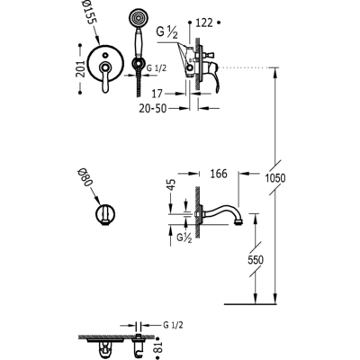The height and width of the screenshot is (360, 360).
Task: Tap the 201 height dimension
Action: pos(80,68)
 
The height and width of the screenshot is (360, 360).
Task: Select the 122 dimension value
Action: pos(204,22)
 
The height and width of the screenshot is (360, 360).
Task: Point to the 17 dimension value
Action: pos(157,94)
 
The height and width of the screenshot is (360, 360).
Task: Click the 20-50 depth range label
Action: pos(152,108)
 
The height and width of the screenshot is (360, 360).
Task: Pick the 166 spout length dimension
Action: pos(219,174)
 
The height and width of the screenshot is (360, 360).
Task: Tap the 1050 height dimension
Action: pos(275,178)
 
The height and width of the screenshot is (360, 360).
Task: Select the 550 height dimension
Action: pos(256,260)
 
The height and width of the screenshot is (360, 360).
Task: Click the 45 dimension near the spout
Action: pos(171,185)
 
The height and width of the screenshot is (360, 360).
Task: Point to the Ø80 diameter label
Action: pos(85,177)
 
